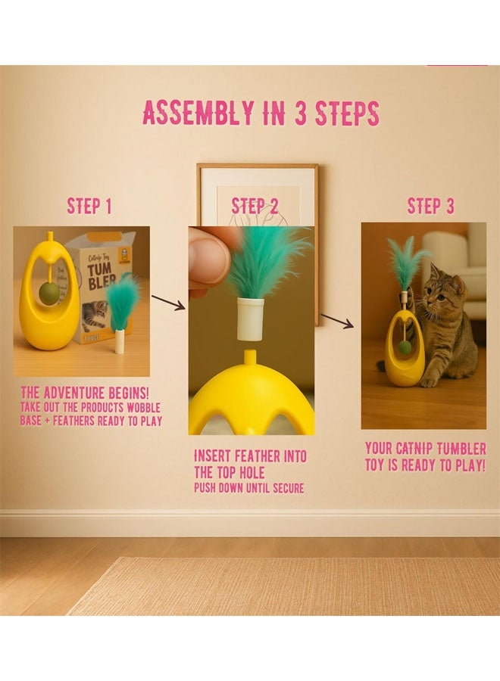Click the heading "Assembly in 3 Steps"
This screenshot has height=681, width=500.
click(x=261, y=113)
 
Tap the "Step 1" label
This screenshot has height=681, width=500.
click(x=89, y=207)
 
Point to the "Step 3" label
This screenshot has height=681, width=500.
click(x=430, y=207)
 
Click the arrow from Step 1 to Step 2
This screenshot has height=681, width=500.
click(x=167, y=303)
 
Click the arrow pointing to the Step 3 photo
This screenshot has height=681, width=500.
click(x=337, y=321)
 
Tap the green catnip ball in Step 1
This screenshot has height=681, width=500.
click(x=49, y=294)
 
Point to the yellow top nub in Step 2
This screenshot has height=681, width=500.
click(x=250, y=356)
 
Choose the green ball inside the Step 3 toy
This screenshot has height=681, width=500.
click(x=406, y=347)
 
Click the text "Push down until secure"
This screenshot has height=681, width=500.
click(x=248, y=488)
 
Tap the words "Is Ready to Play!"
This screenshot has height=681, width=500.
click(x=425, y=465)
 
